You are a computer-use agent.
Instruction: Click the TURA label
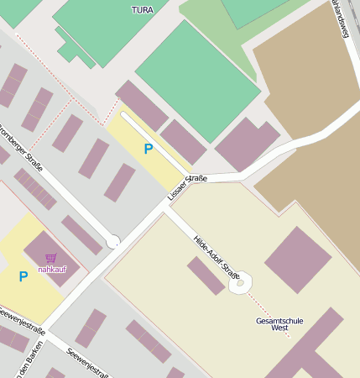click(143, 9)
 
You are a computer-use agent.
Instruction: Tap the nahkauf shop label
click(52, 269)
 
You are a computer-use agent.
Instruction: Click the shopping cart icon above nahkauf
click(51, 258)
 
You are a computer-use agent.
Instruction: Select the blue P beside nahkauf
click(23, 276)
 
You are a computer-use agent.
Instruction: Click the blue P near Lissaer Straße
click(148, 150)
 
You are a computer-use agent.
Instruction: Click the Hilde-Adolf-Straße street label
click(217, 258)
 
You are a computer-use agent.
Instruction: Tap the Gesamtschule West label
click(280, 324)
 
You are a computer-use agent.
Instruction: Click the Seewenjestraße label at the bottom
click(87, 363)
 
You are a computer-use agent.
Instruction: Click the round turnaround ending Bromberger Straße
click(112, 243)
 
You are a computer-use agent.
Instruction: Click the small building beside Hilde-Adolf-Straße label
click(206, 276)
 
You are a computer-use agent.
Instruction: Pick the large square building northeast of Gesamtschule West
click(298, 260)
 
